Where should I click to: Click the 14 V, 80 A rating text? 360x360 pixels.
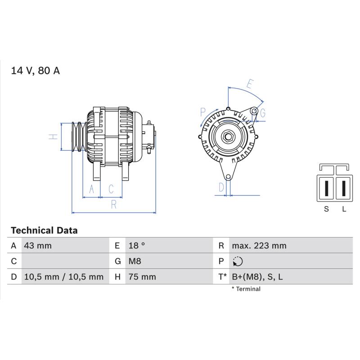[36, 71]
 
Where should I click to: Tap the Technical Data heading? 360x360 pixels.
[44, 230]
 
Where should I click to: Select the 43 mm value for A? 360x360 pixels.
[38, 246]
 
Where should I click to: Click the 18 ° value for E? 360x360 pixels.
[137, 245]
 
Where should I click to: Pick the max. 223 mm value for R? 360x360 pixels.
[259, 246]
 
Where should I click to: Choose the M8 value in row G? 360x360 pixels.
[135, 261]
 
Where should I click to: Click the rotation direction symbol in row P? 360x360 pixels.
[238, 261]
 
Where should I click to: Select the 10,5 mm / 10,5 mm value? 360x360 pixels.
[63, 277]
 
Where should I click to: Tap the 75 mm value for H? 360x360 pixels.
[142, 277]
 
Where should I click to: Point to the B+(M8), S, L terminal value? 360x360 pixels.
[257, 277]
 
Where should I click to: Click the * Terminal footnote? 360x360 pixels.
[246, 289]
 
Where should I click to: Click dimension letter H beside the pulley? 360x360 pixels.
[53, 137]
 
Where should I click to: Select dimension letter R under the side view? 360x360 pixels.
[114, 204]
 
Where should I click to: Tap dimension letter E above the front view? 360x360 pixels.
[250, 84]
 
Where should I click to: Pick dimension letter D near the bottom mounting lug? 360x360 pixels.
[221, 187]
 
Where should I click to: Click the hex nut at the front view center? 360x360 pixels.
[228, 137]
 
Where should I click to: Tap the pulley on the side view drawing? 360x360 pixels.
[79, 137]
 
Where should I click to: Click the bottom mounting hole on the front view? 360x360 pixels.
[228, 177]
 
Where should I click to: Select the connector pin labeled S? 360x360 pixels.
[326, 188]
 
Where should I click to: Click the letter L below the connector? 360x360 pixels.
[344, 209]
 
